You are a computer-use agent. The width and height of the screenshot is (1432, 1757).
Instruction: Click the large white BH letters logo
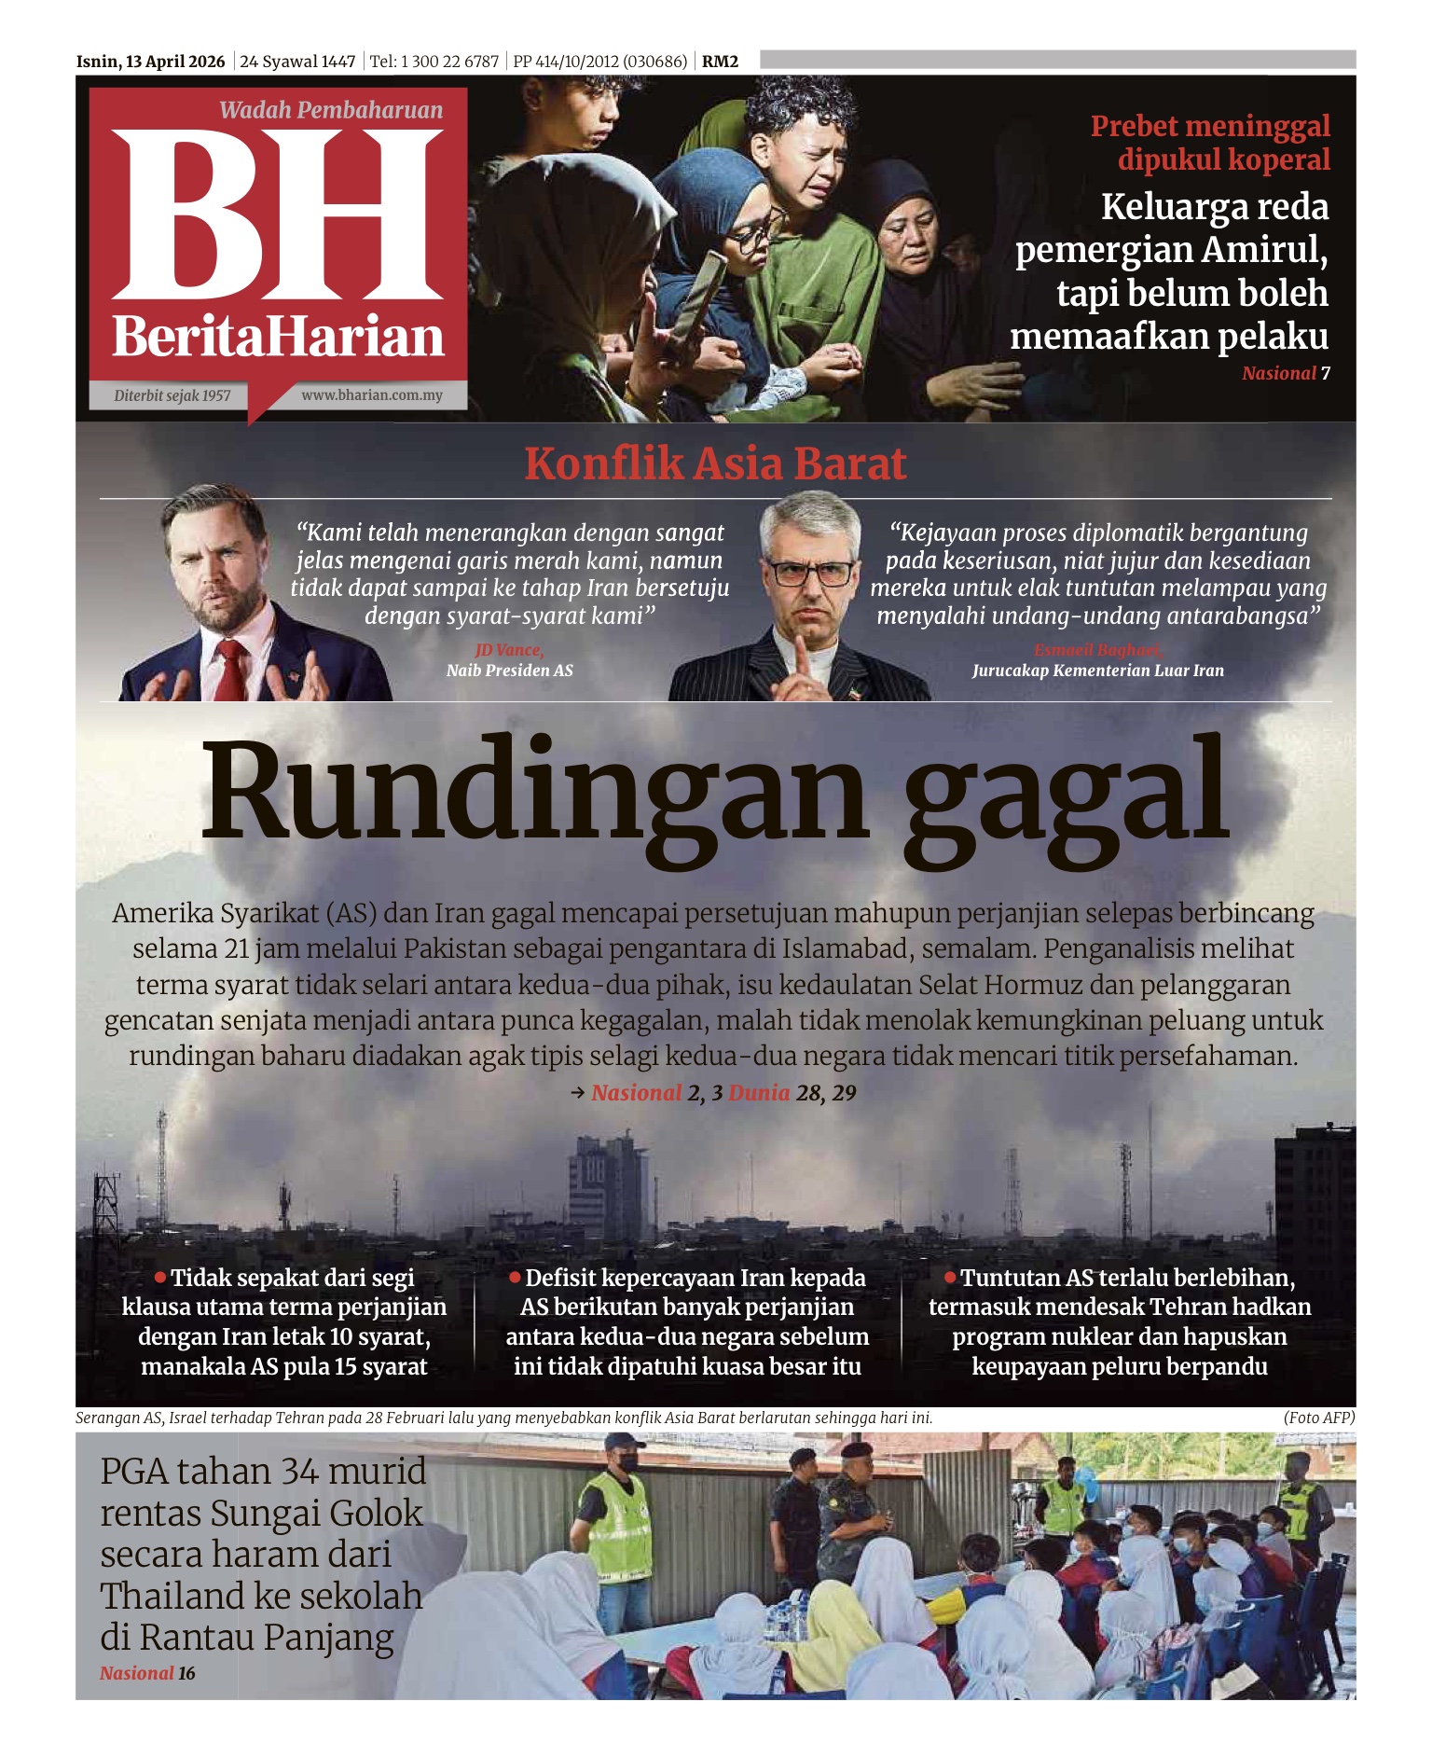pos(278,214)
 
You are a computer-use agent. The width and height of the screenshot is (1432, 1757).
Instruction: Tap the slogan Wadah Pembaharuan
pos(331,110)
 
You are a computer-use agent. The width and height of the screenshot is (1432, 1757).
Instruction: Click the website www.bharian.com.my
pos(371,395)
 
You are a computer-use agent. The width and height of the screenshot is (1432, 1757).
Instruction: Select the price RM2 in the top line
pos(720,62)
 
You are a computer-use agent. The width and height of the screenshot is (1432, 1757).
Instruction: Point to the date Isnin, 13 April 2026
pos(151,62)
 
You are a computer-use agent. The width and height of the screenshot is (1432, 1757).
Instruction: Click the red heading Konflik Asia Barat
pos(715,463)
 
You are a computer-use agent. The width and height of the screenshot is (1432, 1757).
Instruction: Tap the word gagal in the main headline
pos(1066,793)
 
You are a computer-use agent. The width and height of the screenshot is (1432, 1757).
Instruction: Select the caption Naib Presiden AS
pos(510,671)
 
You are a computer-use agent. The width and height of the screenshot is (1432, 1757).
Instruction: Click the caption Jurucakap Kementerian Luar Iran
pos(1097,671)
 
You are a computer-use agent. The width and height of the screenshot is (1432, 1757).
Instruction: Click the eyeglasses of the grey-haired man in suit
pos(807,572)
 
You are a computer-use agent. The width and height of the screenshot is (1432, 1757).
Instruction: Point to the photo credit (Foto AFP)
pos(1318,1418)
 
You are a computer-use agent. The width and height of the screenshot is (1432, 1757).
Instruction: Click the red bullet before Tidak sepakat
pos(160,1276)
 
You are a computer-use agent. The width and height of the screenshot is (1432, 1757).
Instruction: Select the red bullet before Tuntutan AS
pos(950,1276)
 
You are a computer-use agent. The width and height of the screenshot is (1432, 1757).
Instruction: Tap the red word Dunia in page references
pos(759,1093)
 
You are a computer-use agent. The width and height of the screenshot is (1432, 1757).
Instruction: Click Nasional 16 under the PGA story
pos(147,1673)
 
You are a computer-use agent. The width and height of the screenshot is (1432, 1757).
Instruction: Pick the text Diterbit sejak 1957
pos(172,395)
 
